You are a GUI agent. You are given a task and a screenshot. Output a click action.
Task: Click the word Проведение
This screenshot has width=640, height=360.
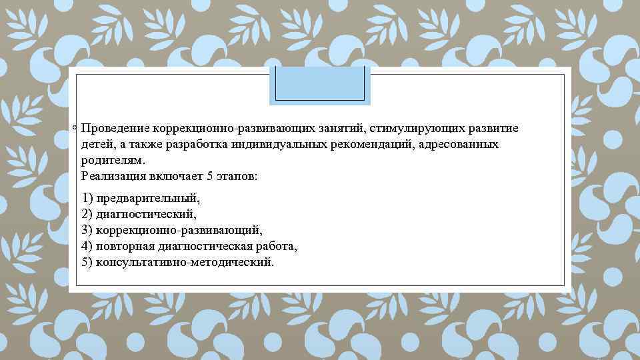(x=114, y=128)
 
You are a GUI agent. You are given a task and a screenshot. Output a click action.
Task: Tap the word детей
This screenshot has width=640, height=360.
(x=96, y=145)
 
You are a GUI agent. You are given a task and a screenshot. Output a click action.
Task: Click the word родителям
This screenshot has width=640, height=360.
(x=113, y=161)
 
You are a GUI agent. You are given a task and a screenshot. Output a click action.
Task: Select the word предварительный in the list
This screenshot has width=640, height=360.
(x=148, y=199)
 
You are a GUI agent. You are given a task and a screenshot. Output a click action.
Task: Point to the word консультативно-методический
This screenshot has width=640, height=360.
(x=185, y=263)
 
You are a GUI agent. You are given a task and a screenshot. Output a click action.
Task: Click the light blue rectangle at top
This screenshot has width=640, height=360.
(x=319, y=85)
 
